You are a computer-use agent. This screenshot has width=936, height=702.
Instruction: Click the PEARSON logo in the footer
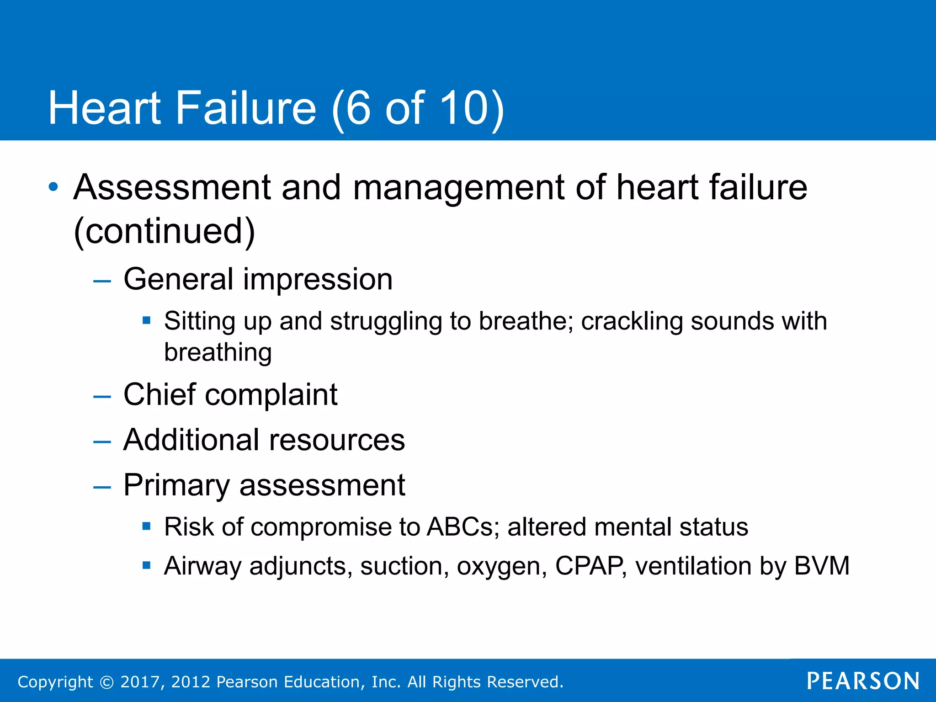point(863,681)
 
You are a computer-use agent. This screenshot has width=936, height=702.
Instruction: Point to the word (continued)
point(164,231)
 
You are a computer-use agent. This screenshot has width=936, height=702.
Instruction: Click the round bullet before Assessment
point(53,187)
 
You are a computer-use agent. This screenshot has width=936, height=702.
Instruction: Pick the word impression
point(318,279)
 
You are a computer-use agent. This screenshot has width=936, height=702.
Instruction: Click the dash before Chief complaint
point(102,396)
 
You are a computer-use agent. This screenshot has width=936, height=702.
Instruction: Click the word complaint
point(271,394)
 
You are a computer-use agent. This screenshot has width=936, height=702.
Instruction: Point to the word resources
point(337,440)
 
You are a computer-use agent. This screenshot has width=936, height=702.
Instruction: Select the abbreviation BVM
point(822,566)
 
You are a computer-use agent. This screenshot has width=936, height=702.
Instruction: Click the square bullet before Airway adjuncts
point(146,566)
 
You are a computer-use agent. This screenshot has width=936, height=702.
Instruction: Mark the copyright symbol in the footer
point(106,682)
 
